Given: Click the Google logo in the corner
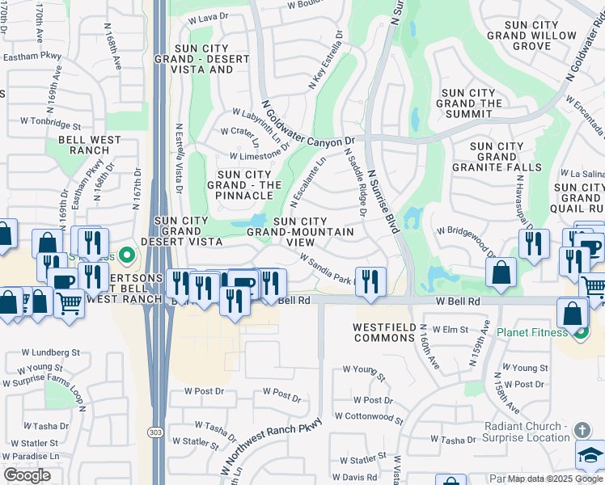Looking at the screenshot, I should (27, 475).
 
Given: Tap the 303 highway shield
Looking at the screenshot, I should (154, 433).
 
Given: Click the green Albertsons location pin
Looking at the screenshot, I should (125, 255).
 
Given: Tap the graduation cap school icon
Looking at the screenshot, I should (590, 455).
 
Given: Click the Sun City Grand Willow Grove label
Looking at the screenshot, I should (531, 36).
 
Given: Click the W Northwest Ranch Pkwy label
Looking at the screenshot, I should (269, 449).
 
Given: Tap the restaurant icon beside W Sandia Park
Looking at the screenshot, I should (370, 281).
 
